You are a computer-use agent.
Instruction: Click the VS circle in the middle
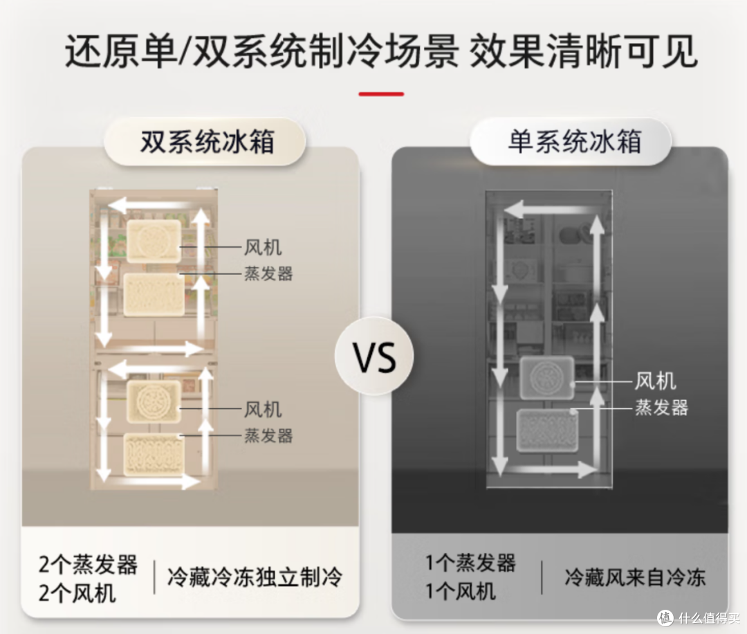point(374,356)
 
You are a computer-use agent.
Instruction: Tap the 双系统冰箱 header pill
point(205,142)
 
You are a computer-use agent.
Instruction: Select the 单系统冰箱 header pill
point(571,142)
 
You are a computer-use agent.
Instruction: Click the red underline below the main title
point(381,94)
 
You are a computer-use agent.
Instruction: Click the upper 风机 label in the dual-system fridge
point(263,247)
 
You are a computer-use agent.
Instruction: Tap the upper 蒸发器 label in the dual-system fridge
point(268,273)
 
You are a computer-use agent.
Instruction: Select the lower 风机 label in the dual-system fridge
point(263,410)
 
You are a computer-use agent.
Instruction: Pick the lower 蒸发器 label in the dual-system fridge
point(268,435)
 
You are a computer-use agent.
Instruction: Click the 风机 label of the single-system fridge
point(654,381)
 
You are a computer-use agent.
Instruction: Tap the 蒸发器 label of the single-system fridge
point(661,408)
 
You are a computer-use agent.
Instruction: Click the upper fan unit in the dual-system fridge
point(154,241)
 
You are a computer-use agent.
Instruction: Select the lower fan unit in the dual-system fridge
point(154,402)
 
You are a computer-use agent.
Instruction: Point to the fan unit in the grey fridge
point(547,378)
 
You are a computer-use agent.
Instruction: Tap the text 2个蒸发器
point(88,564)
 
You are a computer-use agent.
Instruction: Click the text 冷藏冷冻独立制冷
point(255,577)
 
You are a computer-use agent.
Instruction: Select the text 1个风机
point(461,592)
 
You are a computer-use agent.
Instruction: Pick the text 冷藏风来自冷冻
point(634,577)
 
